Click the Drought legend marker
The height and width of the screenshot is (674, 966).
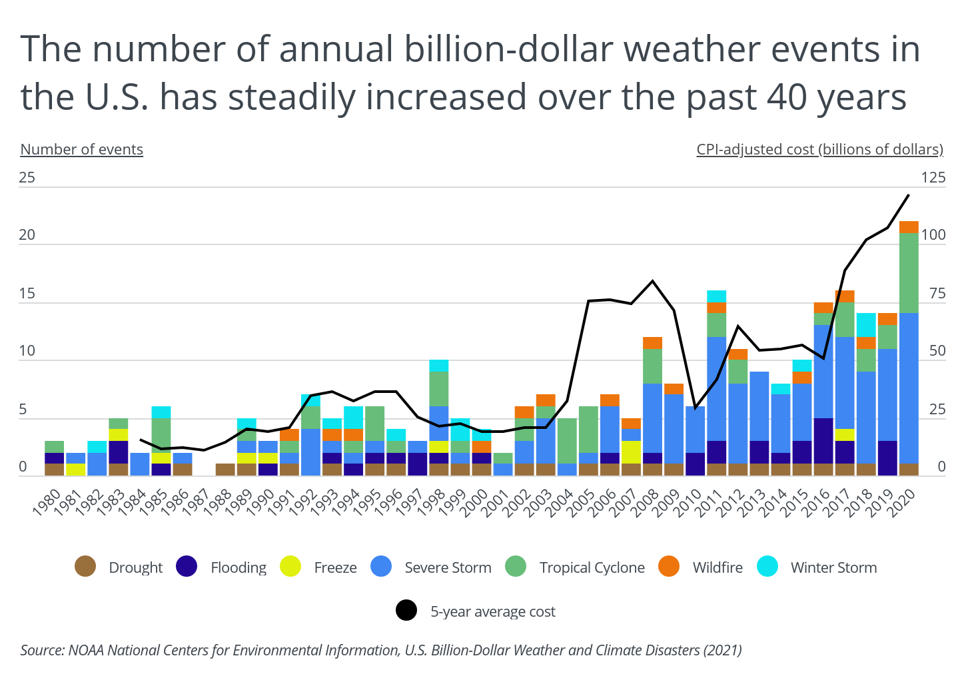[86, 567]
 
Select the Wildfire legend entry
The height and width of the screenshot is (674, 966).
[718, 567]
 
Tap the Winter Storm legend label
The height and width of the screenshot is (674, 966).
[833, 567]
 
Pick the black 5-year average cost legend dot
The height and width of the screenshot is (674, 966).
[406, 611]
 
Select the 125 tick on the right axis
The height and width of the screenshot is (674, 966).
[933, 177]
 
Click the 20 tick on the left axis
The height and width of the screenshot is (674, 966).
[27, 235]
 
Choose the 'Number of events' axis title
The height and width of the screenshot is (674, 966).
[82, 149]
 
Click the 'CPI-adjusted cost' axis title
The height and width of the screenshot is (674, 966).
[819, 149]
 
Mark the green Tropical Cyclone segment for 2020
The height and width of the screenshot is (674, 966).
[909, 272]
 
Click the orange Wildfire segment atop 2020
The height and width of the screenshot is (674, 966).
[909, 227]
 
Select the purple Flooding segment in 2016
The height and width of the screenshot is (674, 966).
[823, 440]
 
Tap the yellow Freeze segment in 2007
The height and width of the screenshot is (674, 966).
[631, 452]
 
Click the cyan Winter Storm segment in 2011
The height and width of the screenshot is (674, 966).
[717, 296]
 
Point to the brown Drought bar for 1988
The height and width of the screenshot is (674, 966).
[225, 469]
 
